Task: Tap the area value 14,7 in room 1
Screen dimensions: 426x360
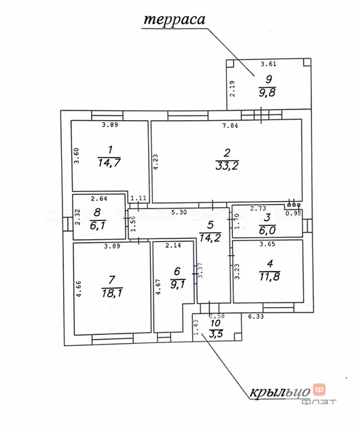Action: [x=109, y=162]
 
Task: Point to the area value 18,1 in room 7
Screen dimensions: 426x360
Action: [x=109, y=293]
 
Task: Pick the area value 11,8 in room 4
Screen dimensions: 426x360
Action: [x=268, y=275]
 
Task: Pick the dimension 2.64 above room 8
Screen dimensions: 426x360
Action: [x=100, y=198]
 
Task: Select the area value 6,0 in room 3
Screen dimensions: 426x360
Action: [x=267, y=230]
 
